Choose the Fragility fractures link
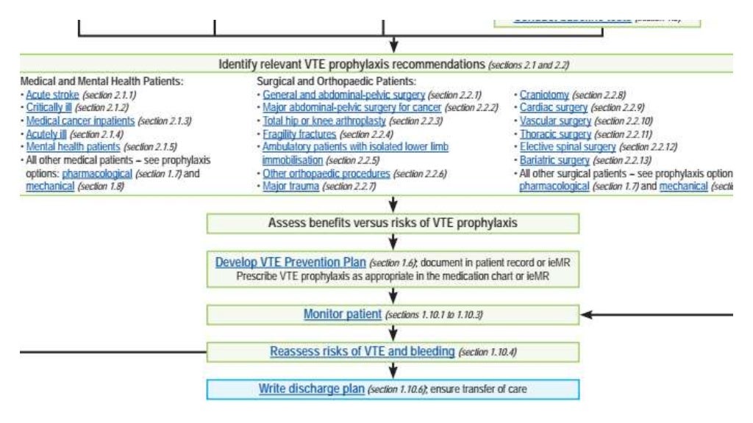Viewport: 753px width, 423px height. [299, 134]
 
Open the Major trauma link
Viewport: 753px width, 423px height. [291, 187]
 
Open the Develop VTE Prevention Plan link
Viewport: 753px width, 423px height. [290, 263]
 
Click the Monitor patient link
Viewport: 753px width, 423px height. [343, 314]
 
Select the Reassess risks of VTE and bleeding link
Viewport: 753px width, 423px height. [362, 352]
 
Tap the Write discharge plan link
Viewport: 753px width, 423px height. [311, 388]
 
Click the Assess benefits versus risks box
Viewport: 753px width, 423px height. [393, 223]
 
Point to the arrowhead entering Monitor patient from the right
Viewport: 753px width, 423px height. [586, 315]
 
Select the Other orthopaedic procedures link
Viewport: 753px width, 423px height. [326, 174]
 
